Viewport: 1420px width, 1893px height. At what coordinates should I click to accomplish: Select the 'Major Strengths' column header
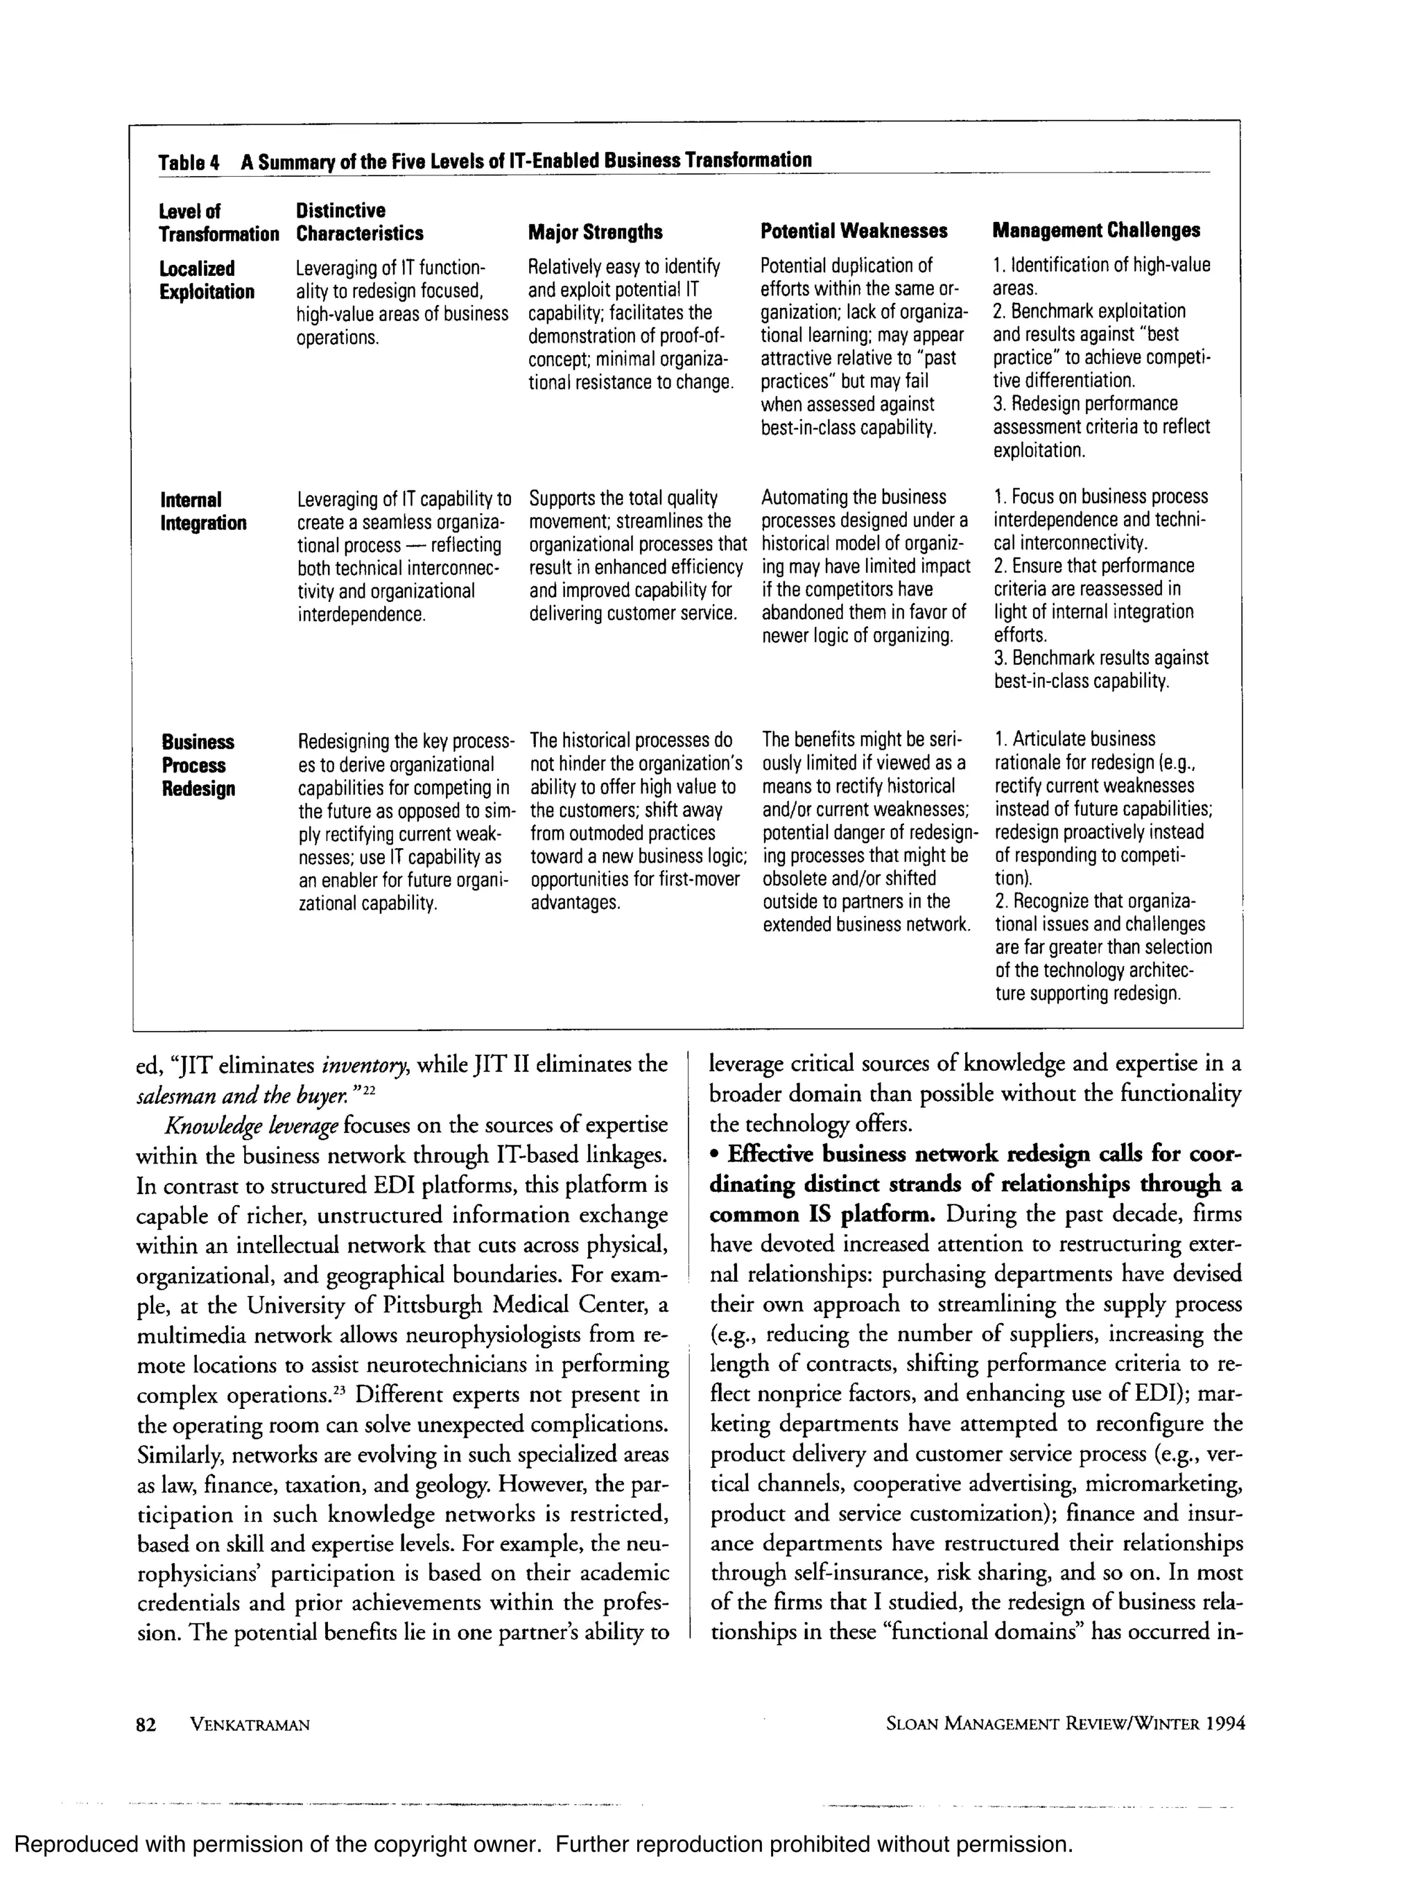pos(595,232)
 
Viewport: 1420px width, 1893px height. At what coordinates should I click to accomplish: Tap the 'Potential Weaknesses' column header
pos(854,231)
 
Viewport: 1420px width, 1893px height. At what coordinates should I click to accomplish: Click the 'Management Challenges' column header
pos(1096,230)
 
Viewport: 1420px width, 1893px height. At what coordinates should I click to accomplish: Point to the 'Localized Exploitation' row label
pos(207,280)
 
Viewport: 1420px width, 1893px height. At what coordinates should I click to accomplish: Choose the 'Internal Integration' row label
pos(203,511)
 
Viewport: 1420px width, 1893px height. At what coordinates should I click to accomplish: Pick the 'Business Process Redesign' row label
pos(198,765)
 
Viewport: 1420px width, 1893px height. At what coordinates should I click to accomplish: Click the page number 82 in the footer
pos(146,1725)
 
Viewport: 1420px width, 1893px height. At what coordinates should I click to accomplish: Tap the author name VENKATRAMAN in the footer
pos(249,1725)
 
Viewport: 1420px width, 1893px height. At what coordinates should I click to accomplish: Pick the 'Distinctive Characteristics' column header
pos(359,222)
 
